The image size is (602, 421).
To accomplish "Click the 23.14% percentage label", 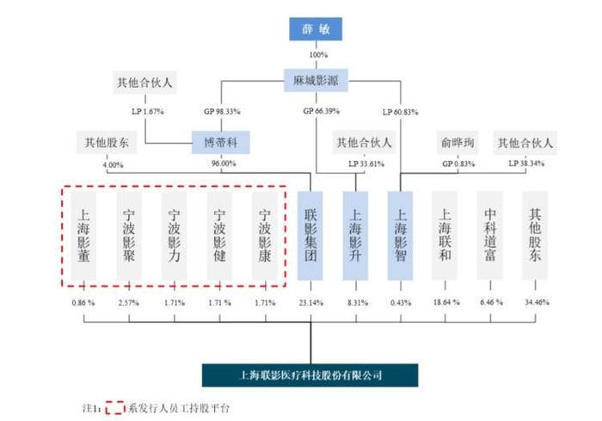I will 311,303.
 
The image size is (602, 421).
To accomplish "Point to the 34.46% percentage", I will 536,303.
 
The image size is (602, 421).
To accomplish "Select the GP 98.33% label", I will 221,111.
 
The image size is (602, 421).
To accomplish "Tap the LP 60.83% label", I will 402,111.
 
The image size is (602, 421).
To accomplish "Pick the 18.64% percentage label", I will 446,303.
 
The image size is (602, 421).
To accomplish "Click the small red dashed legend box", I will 115,407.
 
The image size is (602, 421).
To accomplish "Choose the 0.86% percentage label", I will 85,303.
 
